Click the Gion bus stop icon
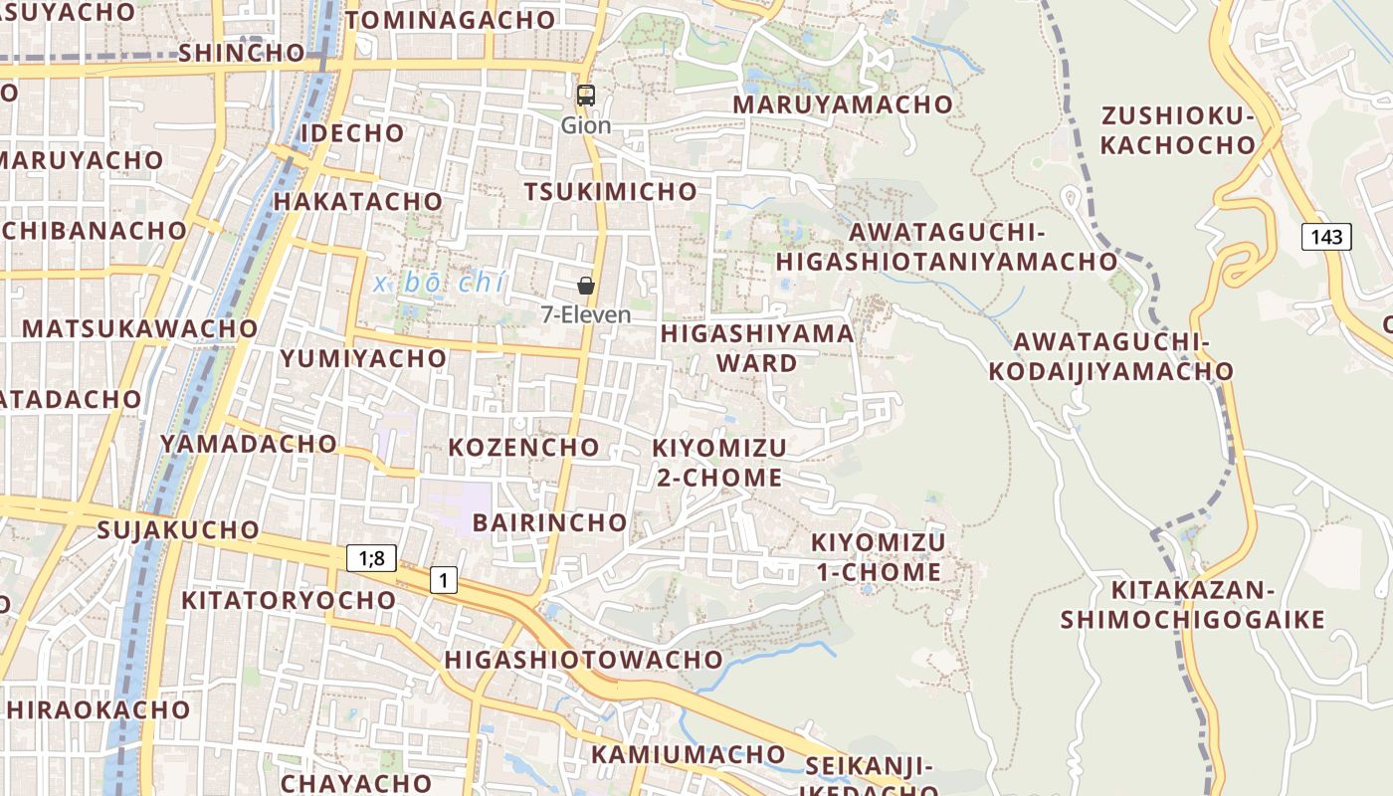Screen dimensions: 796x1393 [586, 96]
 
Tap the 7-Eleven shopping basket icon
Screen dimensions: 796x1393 [586, 286]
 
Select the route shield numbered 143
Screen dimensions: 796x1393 [1326, 237]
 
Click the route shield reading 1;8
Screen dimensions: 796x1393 [371, 558]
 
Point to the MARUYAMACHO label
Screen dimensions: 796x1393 [843, 103]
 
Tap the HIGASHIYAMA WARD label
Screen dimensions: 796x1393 [757, 347]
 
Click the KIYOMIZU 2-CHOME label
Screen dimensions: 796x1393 [718, 463]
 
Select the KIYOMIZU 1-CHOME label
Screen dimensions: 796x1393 [879, 557]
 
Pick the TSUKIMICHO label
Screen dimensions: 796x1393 [611, 191]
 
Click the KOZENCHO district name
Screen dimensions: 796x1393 [523, 447]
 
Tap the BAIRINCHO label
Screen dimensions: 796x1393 [549, 522]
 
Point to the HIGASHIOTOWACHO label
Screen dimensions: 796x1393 [583, 660]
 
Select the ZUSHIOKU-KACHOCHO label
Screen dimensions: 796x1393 [1178, 130]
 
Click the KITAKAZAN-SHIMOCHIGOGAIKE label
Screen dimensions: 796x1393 [1192, 605]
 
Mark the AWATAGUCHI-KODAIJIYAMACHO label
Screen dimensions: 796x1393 [1110, 356]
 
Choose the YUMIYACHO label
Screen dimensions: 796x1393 [363, 358]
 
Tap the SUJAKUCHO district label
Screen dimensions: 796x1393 [178, 529]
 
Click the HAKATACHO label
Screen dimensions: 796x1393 [357, 201]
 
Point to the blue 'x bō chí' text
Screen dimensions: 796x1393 [440, 283]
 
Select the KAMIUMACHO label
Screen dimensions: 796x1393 [689, 754]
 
